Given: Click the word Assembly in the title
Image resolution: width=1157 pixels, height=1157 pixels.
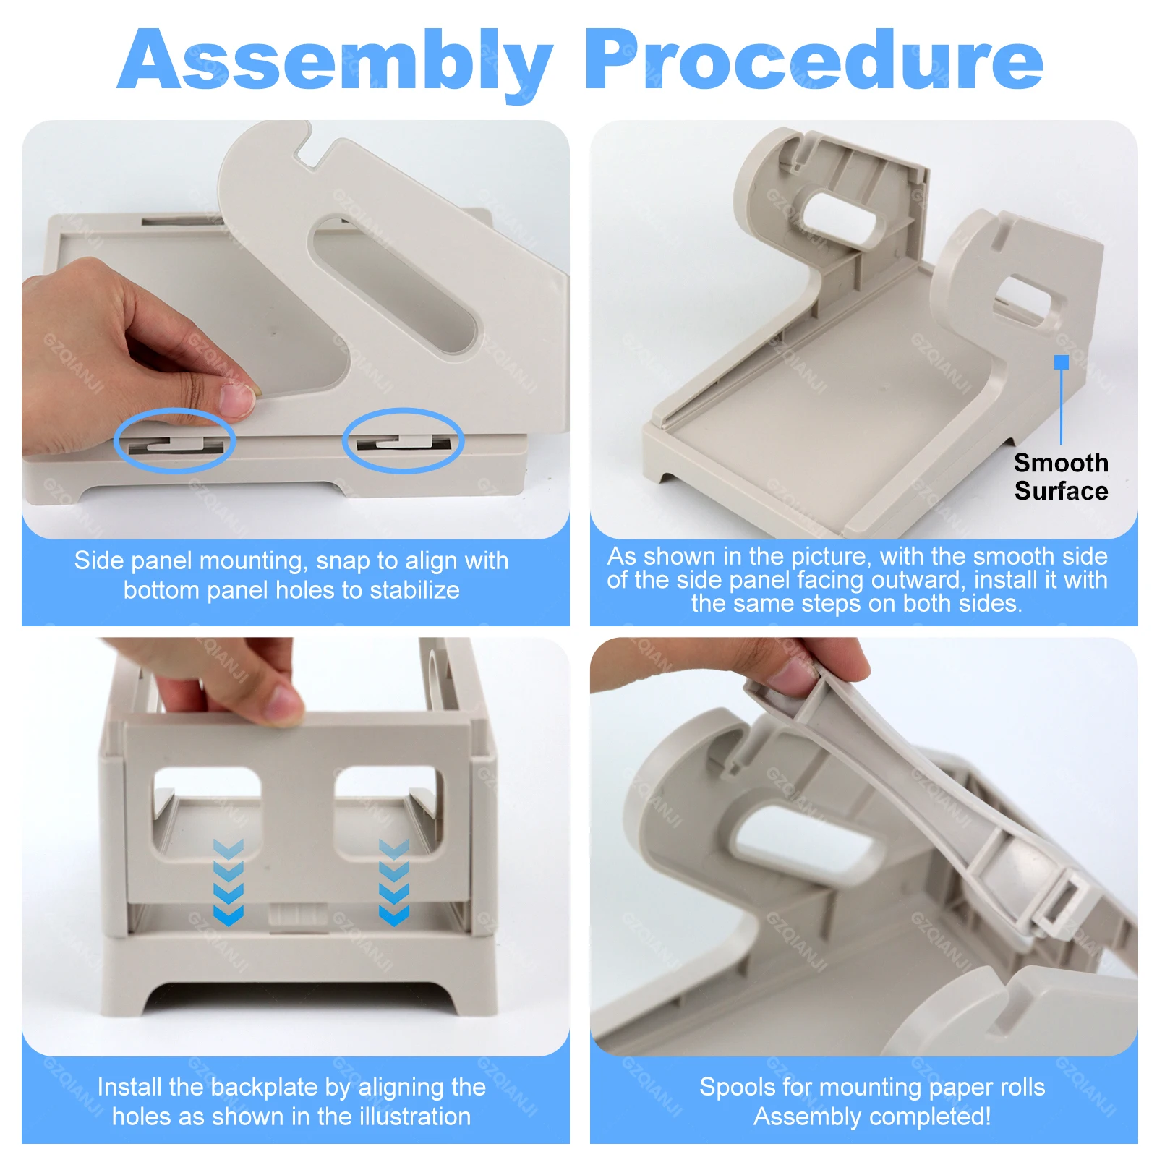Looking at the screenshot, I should [334, 61].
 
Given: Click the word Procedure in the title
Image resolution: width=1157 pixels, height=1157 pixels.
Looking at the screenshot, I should [814, 61].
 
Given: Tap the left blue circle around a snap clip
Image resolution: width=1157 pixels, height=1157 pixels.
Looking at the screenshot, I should [174, 441].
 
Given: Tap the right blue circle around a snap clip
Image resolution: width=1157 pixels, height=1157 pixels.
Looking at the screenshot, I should [403, 440].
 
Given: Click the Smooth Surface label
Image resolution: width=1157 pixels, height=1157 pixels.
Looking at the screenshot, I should [1060, 477].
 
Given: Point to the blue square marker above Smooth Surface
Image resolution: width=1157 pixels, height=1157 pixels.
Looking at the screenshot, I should [1061, 362].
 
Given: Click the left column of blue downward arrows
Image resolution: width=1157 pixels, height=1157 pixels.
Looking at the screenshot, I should [229, 883].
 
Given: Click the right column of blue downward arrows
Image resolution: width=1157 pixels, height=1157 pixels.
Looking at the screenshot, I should [394, 883].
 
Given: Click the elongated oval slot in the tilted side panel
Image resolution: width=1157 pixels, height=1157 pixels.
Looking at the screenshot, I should [394, 285].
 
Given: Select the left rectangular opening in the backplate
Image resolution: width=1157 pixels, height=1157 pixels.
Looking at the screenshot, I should [207, 810].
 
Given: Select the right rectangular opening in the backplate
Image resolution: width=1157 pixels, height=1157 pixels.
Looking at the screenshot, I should [387, 810].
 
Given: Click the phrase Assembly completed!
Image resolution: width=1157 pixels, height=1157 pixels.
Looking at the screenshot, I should [871, 1117].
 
